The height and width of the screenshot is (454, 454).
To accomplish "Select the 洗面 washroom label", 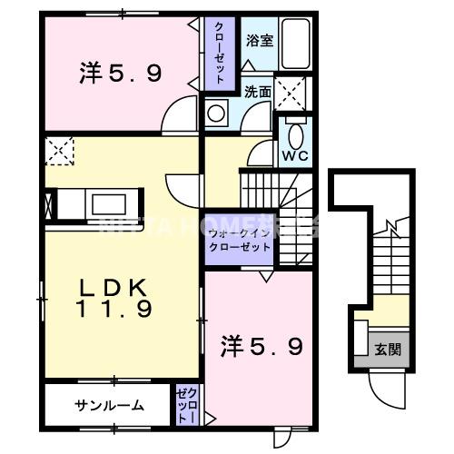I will tap(257, 91).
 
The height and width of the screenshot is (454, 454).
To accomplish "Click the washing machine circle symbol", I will tap(217, 113).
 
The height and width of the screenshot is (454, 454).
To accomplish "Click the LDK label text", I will tap(112, 288).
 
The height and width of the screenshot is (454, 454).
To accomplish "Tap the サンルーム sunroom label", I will tap(109, 405).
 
